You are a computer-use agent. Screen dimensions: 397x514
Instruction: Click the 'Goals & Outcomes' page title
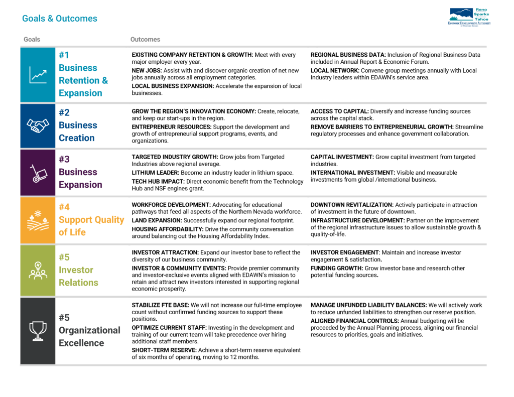click(60, 19)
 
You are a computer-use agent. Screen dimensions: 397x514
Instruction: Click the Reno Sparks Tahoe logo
click(469, 17)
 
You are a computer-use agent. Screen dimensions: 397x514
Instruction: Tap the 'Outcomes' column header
click(145, 39)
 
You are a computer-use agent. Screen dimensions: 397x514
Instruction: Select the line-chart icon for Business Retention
click(38, 75)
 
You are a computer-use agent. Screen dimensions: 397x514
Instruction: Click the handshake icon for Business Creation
click(38, 125)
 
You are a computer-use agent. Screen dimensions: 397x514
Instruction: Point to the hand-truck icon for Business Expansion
click(38, 173)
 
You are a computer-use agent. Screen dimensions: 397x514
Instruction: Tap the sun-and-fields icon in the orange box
click(38, 220)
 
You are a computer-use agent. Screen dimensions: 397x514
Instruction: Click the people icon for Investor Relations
click(38, 271)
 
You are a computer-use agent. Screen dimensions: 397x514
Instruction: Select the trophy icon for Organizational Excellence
click(38, 330)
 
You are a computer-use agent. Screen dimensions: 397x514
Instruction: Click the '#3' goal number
click(64, 159)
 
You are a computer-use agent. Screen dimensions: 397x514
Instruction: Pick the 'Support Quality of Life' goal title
click(91, 226)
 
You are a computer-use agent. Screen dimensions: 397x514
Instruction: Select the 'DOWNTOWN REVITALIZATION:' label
click(352, 205)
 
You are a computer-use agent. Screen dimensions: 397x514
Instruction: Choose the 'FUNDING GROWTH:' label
click(336, 269)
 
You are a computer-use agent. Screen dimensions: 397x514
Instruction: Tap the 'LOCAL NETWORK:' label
click(333, 70)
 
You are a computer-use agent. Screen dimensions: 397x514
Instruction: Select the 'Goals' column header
click(32, 39)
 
